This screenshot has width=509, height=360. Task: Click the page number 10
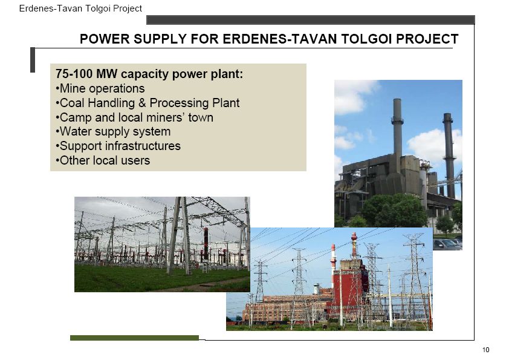[485, 350]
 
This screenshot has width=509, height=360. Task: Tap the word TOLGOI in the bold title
[365, 39]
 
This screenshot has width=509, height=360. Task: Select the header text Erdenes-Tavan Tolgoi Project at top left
[80, 8]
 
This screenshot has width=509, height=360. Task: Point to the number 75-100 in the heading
[74, 74]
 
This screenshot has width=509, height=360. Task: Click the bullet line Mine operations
[100, 88]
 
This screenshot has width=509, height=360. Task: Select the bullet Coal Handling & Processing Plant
[148, 103]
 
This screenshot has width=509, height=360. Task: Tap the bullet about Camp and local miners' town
[135, 117]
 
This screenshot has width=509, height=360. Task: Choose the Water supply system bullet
[113, 131]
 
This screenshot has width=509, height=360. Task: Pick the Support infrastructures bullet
[118, 146]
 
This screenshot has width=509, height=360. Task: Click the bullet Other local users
[103, 160]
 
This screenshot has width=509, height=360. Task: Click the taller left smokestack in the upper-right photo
[397, 130]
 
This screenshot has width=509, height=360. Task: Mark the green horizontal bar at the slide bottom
[134, 338]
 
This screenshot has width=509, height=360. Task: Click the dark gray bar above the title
[311, 20]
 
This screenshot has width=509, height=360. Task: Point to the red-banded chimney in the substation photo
[206, 244]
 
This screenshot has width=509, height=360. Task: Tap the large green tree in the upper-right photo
[394, 211]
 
